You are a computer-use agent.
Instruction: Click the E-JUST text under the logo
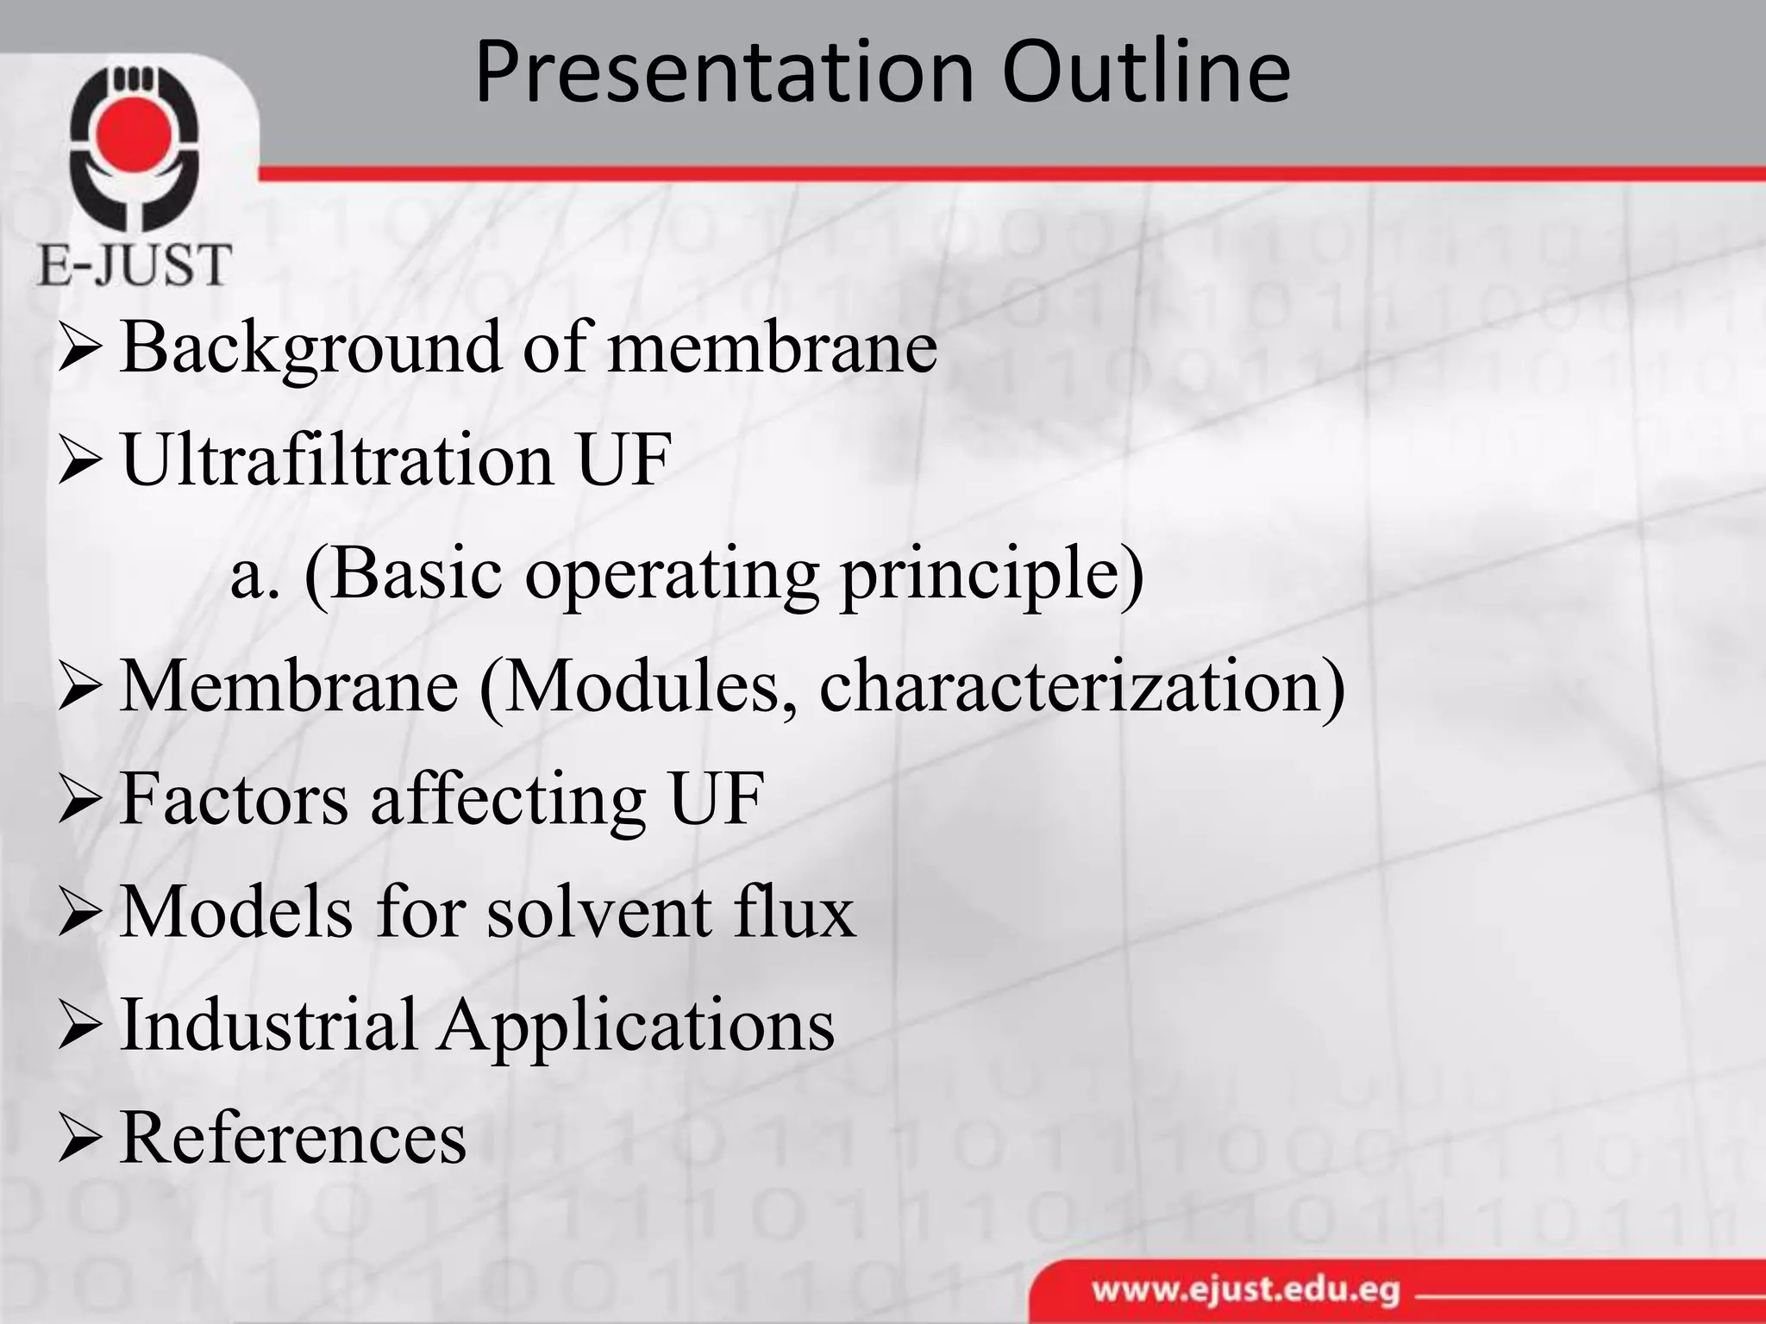click(135, 265)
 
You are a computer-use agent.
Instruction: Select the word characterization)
click(1082, 688)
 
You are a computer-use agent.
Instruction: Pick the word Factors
click(234, 798)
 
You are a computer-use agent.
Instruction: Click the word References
click(293, 1138)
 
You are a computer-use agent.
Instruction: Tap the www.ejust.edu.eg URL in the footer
click(1246, 1291)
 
